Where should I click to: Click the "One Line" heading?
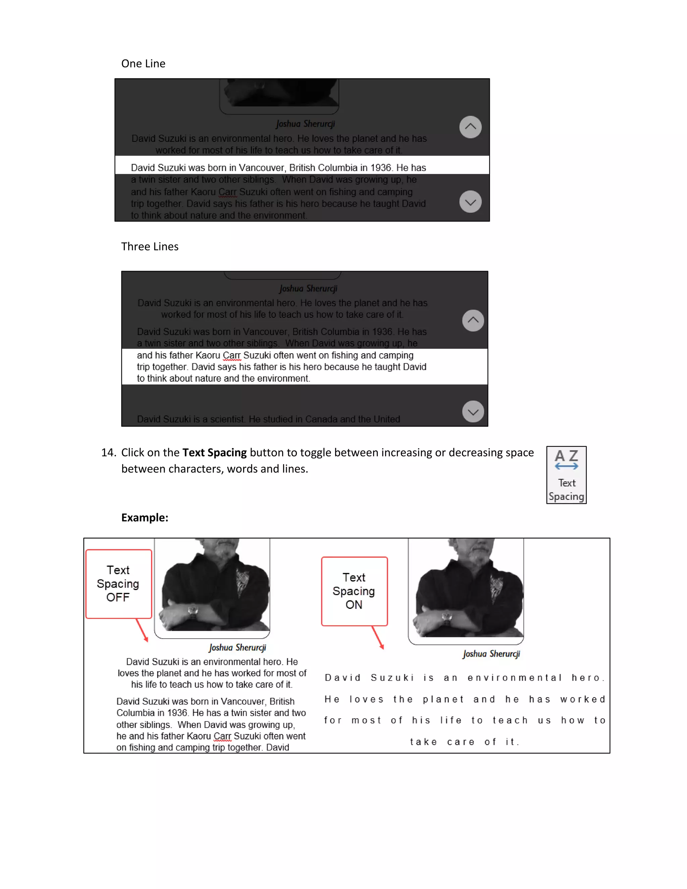(x=143, y=63)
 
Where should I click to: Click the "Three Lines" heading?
(x=150, y=246)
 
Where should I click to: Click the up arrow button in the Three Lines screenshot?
(x=473, y=321)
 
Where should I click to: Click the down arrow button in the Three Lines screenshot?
(x=473, y=412)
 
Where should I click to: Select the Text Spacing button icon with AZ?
(x=566, y=475)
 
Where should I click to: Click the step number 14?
(x=109, y=453)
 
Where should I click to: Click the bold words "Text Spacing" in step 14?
(x=214, y=453)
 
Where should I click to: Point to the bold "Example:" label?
(x=145, y=517)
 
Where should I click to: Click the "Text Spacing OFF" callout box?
(x=118, y=584)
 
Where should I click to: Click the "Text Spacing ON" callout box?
(x=354, y=591)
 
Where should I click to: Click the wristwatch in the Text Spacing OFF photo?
(x=193, y=611)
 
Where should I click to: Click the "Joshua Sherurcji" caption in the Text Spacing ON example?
(x=491, y=654)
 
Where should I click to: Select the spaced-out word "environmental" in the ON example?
(x=515, y=678)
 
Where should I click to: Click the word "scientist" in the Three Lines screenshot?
(x=226, y=419)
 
